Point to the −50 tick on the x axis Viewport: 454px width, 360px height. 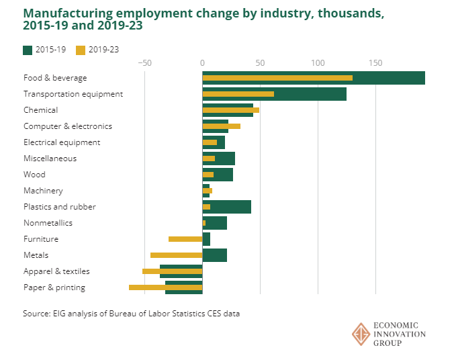click(x=144, y=63)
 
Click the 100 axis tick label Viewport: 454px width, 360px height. click(x=318, y=63)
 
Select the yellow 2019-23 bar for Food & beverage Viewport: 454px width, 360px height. click(x=277, y=78)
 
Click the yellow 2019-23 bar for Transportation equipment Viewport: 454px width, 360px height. click(x=238, y=94)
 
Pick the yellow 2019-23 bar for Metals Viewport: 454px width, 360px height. click(x=176, y=255)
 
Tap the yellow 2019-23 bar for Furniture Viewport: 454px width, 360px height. click(x=185, y=239)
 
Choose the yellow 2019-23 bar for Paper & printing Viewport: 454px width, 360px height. click(x=165, y=287)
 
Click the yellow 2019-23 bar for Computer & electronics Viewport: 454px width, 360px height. click(x=221, y=126)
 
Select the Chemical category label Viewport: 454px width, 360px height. click(x=40, y=110)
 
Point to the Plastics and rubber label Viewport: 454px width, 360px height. click(x=59, y=207)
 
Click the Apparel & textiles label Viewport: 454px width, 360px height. click(x=56, y=271)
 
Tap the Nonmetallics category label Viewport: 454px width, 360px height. click(x=48, y=223)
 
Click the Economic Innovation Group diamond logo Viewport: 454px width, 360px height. click(x=361, y=334)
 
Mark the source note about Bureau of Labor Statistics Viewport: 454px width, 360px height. click(x=131, y=314)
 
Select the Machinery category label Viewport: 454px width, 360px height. click(x=43, y=191)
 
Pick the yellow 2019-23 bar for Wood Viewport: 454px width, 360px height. click(x=208, y=175)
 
